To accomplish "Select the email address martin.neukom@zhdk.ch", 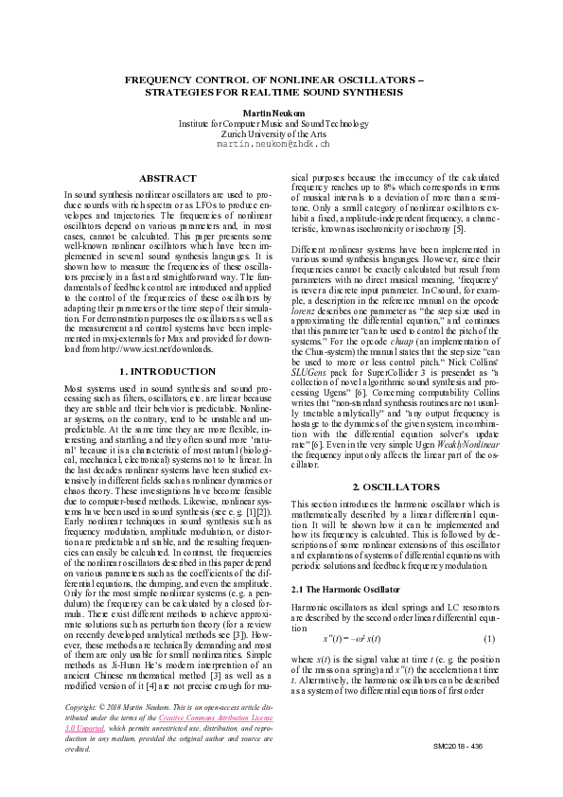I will pos(273,145).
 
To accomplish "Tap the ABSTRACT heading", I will pos(167,178).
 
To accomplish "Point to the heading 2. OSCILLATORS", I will pos(396,487).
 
